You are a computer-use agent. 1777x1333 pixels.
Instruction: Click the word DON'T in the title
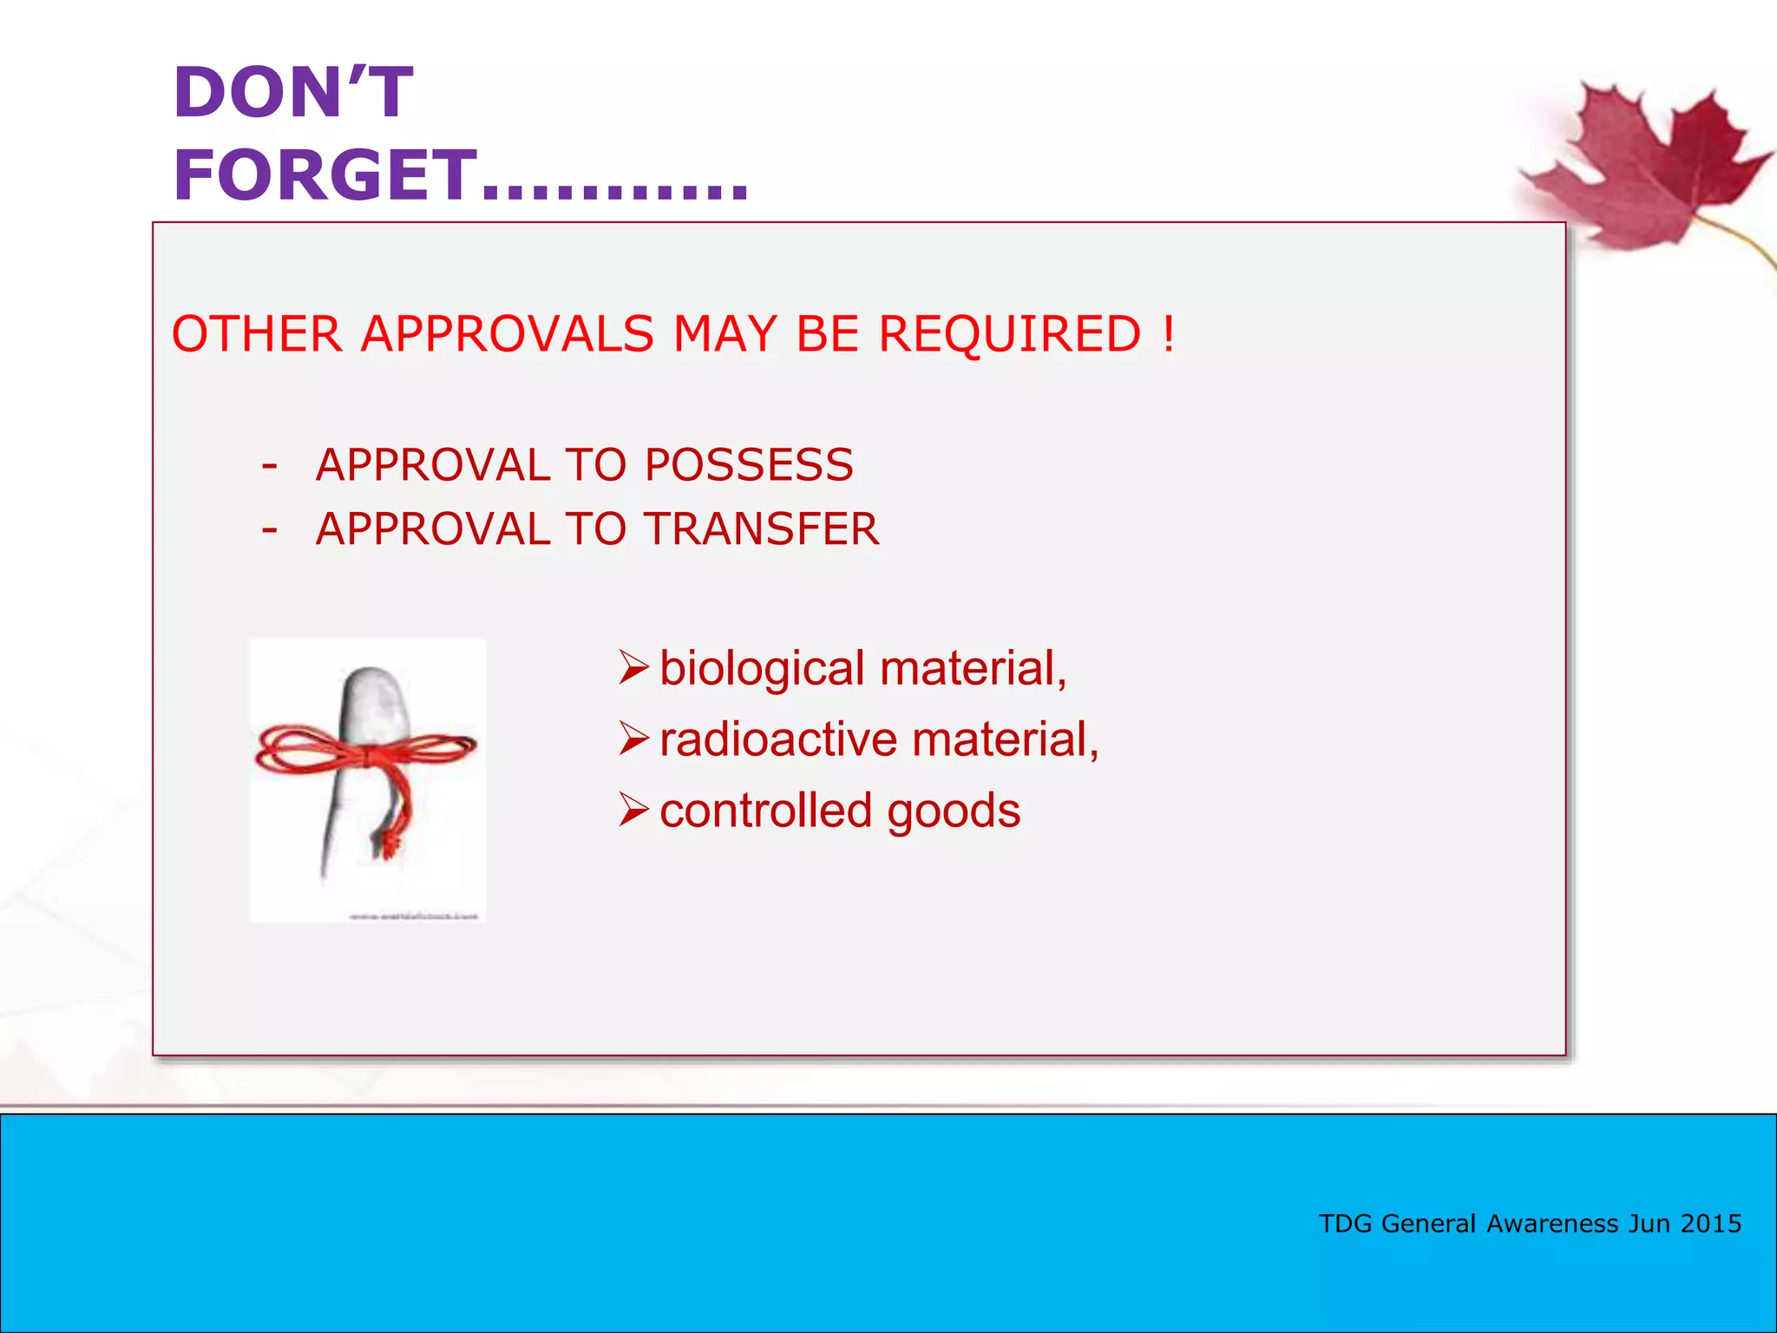click(293, 93)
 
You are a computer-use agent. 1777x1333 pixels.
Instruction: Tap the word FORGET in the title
click(325, 175)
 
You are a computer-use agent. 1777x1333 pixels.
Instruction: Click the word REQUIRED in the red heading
click(1010, 334)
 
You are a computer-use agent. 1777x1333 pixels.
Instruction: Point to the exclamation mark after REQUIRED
click(1169, 334)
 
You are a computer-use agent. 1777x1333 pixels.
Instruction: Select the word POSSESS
click(749, 465)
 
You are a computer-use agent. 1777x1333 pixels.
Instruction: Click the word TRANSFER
click(762, 529)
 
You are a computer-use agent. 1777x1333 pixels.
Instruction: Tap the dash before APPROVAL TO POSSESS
click(270, 466)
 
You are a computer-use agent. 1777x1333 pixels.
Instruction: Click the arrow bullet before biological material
click(633, 668)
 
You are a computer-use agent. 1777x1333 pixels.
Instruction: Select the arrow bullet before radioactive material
click(633, 739)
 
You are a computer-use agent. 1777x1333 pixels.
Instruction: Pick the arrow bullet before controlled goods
click(633, 811)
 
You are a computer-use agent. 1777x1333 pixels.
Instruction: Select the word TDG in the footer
click(1345, 1224)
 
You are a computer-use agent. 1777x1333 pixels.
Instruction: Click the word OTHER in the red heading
click(257, 334)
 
